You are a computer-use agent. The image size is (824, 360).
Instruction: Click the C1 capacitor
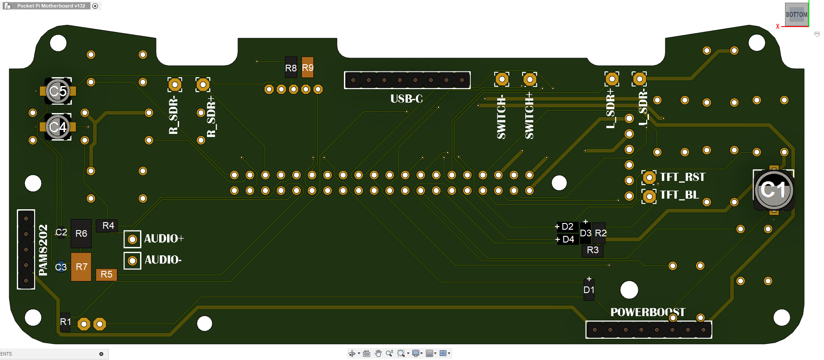coord(773,190)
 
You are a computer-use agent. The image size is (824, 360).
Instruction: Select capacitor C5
coord(58,91)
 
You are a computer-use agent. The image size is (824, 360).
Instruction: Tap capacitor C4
coord(58,127)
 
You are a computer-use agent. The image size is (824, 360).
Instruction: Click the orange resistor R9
coord(308,67)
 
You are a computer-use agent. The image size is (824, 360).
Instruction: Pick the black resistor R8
coord(291,67)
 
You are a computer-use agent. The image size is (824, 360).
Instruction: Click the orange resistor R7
coord(81,267)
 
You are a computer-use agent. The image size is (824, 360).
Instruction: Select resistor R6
coord(81,233)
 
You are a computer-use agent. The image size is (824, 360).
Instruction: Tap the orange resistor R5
coord(106,274)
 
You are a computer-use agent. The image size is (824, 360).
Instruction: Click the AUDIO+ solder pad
coord(132,239)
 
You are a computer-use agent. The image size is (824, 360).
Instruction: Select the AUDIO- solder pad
coord(132,261)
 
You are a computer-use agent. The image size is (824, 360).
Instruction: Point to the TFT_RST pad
coord(649,178)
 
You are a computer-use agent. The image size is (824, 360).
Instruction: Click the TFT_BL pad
coord(649,196)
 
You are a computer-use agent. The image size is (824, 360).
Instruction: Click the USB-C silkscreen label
coord(406,99)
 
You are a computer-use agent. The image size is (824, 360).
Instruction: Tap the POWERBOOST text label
coord(648,312)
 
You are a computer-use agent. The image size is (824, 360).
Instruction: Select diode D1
coord(589,290)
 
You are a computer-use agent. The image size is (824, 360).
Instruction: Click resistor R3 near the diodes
coord(592,250)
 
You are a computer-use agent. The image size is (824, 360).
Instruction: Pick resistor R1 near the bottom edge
coord(65,322)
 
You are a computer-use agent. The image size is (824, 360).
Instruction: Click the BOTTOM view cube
coord(797,15)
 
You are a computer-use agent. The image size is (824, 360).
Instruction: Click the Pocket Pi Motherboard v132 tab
coord(51,6)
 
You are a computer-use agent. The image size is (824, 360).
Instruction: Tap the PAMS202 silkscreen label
coord(43,250)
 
